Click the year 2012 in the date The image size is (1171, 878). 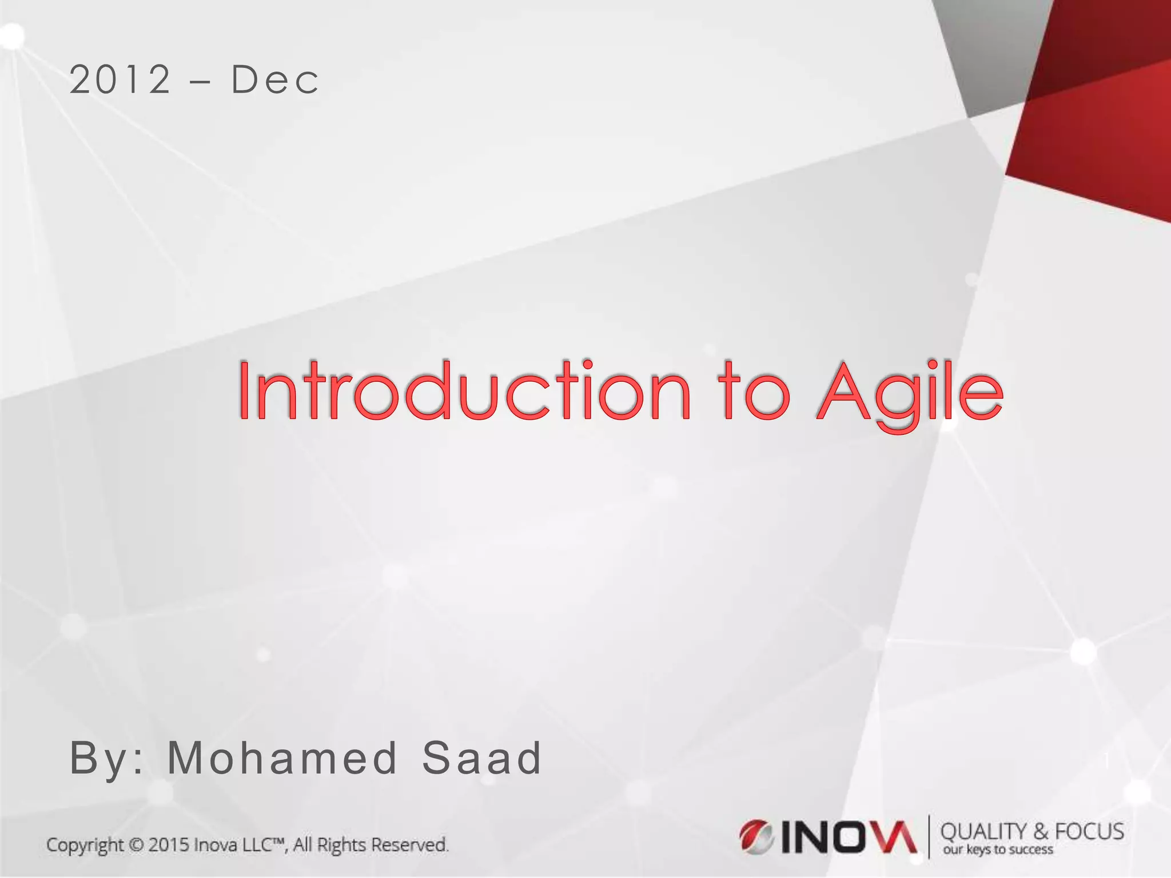120,80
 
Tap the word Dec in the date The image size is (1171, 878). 275,80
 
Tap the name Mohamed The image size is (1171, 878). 282,758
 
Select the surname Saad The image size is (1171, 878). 481,758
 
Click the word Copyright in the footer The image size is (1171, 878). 85,845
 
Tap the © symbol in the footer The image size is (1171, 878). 136,845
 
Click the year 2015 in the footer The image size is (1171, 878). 169,845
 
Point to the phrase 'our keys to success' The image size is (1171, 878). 998,850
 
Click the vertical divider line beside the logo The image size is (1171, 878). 929,837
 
